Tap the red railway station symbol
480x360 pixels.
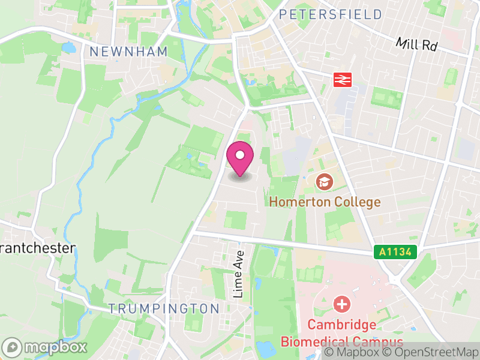[342, 79]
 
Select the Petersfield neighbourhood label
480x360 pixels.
[331, 14]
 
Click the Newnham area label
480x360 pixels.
[128, 52]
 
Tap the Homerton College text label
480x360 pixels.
[325, 202]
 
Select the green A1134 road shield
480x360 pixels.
[396, 253]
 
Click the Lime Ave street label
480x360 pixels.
[238, 274]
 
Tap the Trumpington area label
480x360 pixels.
[164, 308]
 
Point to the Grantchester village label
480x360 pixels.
[37, 248]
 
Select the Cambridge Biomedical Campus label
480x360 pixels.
[342, 334]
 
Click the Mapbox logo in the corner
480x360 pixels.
[46, 347]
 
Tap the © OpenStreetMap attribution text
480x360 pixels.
[430, 353]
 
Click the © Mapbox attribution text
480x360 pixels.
[352, 353]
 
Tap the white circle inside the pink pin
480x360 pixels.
[240, 155]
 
